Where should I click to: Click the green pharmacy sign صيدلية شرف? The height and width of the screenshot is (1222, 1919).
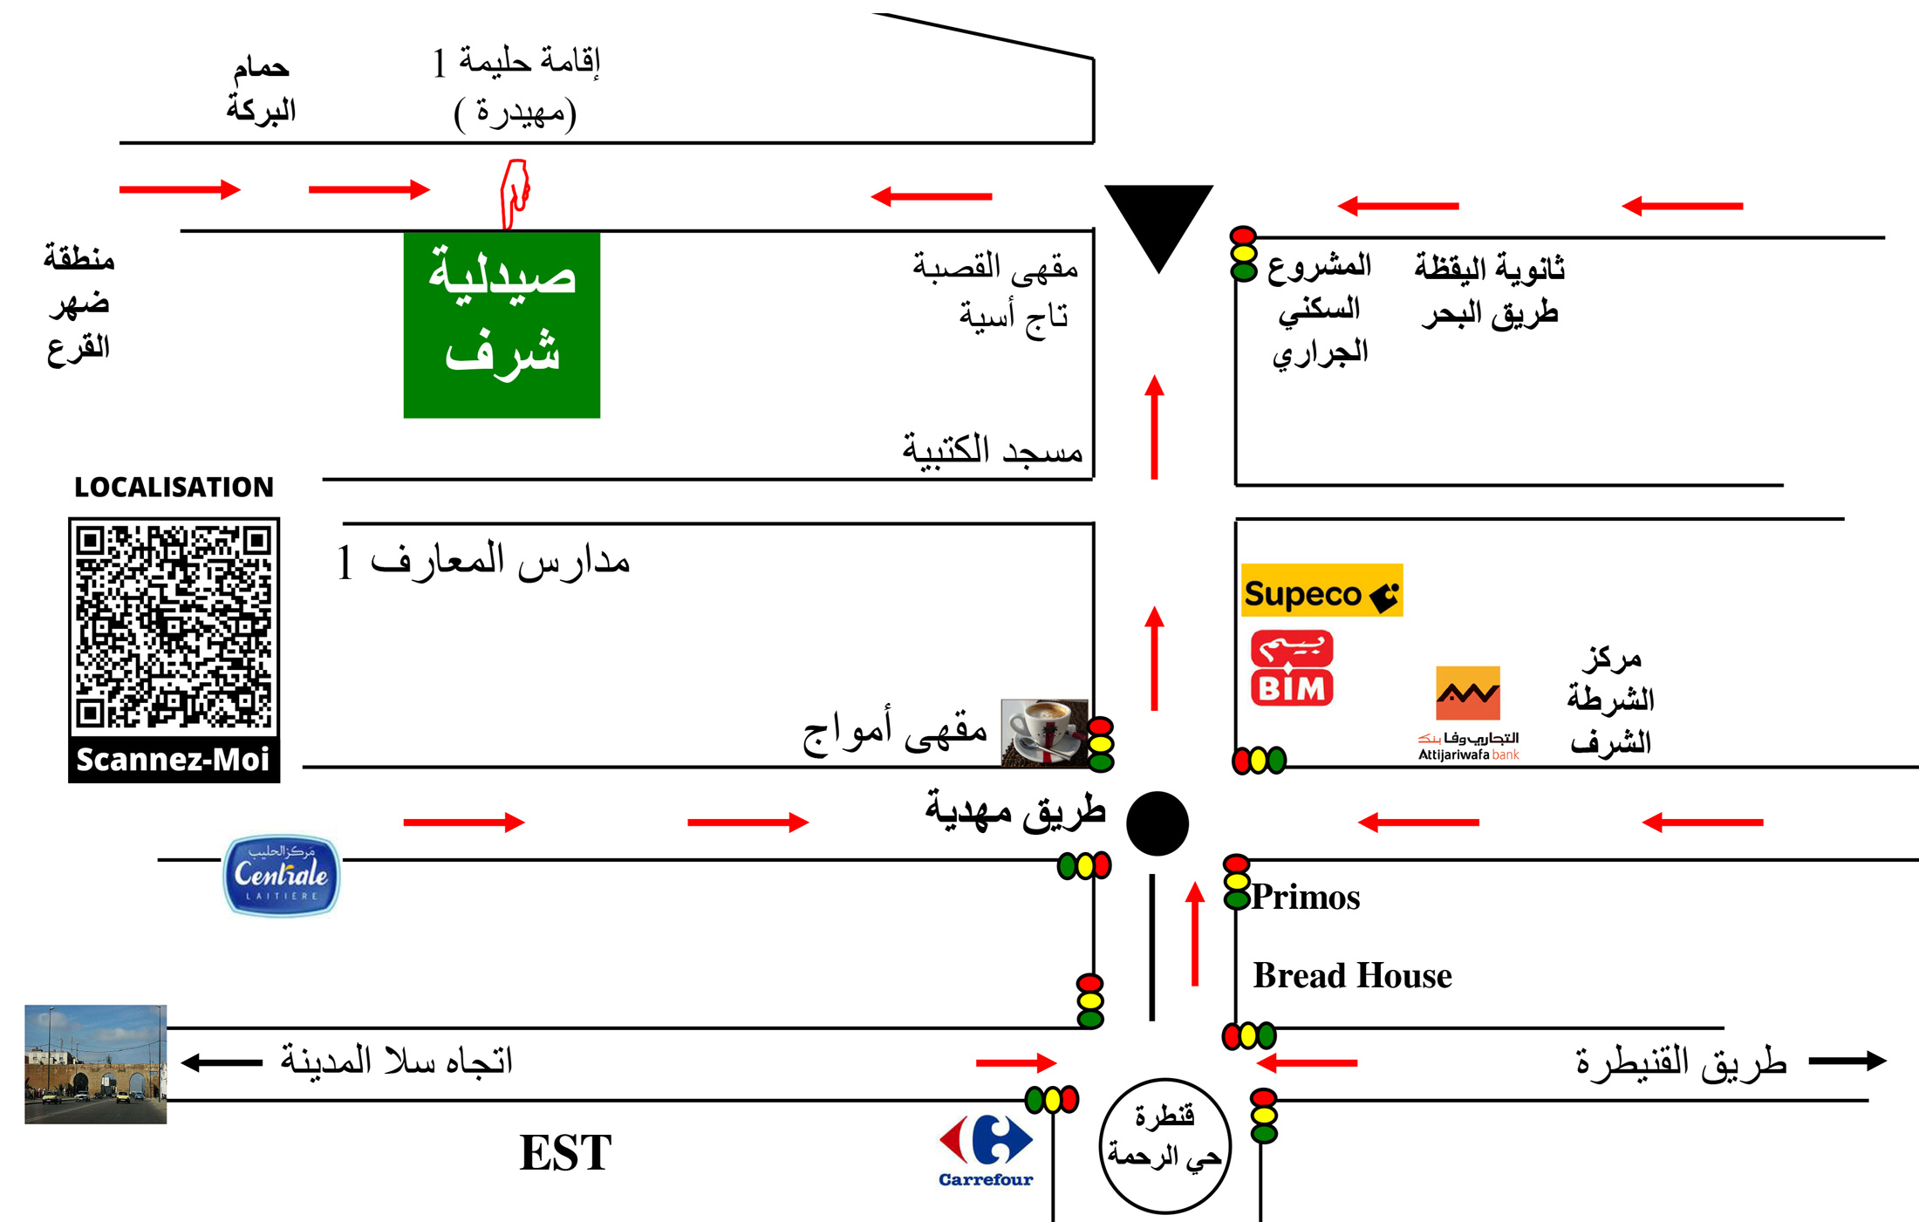click(x=502, y=324)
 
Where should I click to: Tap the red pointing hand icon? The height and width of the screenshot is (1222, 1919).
click(x=515, y=194)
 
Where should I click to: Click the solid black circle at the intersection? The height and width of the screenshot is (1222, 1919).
click(x=1158, y=823)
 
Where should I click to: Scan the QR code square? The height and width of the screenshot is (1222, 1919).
click(x=174, y=625)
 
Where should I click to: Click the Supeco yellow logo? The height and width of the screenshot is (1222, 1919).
click(x=1321, y=591)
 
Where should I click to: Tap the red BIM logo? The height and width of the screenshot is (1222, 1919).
click(x=1292, y=668)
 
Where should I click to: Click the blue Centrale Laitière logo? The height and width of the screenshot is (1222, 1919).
click(x=282, y=875)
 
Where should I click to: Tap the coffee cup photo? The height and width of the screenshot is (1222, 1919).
click(x=1044, y=733)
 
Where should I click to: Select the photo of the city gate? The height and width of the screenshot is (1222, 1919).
click(x=95, y=1064)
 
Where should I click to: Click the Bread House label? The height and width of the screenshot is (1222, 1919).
click(x=1352, y=975)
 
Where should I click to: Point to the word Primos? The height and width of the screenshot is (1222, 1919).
click(x=1306, y=898)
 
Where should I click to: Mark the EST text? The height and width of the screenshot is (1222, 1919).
click(x=565, y=1152)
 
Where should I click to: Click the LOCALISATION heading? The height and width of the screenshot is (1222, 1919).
click(x=174, y=487)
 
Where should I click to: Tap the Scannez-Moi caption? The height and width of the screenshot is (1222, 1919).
click(x=174, y=759)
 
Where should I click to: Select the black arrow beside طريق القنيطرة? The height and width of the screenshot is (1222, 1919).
click(x=1847, y=1061)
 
